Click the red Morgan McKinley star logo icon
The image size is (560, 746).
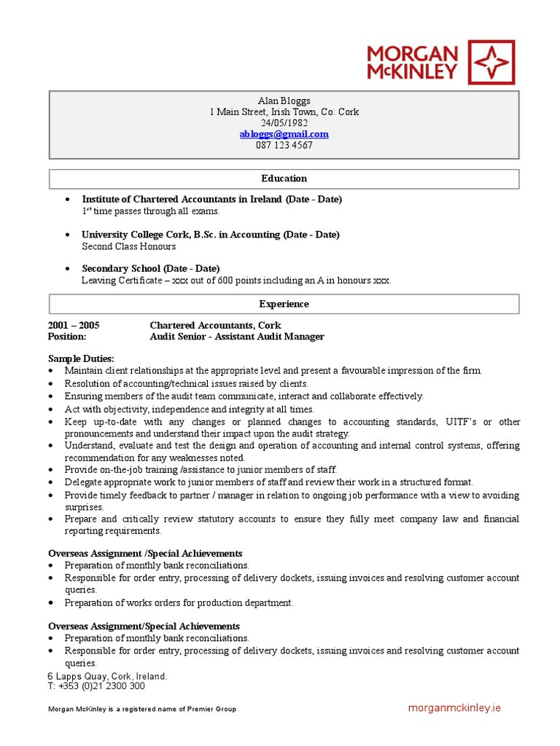click(490, 63)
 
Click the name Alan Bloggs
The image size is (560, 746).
click(284, 101)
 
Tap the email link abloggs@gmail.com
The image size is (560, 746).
click(284, 134)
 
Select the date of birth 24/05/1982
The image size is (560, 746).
click(284, 123)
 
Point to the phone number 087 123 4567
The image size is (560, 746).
click(284, 145)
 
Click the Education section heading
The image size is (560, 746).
click(284, 178)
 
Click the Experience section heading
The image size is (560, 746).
click(284, 304)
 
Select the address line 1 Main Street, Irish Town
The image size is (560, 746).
click(284, 112)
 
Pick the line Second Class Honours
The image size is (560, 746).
click(128, 246)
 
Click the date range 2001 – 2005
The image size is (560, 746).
click(74, 325)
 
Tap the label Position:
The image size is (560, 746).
click(67, 337)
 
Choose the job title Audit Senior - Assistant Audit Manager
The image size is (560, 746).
click(237, 337)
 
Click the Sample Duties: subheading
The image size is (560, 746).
click(81, 358)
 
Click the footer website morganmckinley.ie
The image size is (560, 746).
click(454, 708)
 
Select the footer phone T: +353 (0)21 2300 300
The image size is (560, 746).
click(96, 686)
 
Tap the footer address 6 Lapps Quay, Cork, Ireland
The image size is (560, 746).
click(107, 676)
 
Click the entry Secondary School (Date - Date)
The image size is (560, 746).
click(150, 268)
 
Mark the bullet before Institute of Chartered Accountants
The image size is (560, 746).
click(68, 200)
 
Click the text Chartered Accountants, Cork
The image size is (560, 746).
click(215, 325)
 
